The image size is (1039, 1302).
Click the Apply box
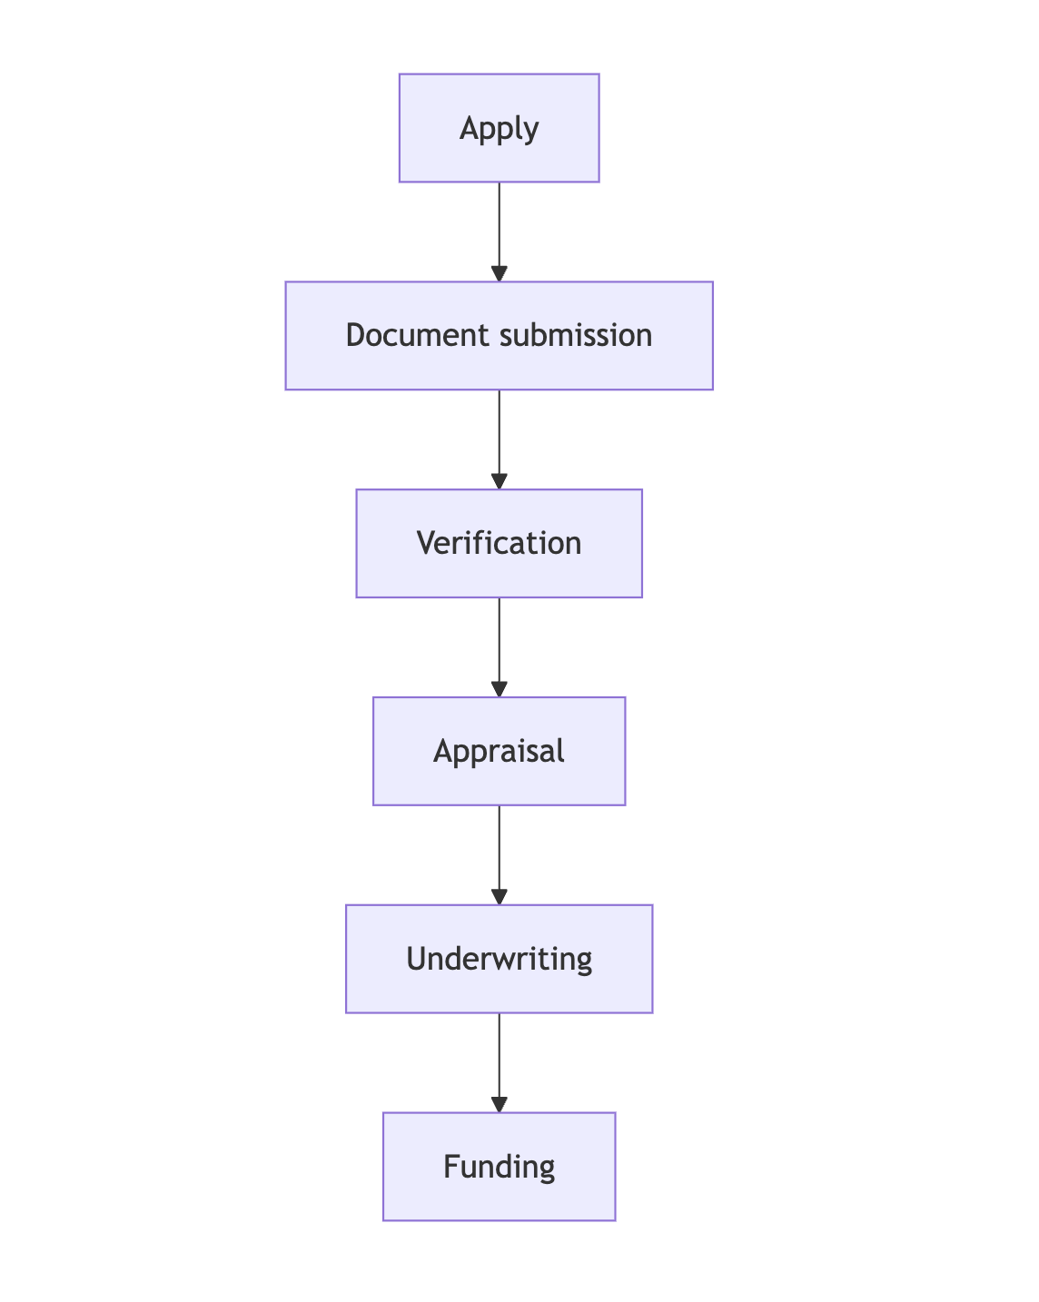click(x=499, y=128)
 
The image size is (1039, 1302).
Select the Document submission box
click(x=499, y=336)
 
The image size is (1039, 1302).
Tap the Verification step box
click(x=499, y=544)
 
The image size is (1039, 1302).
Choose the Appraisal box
click(x=499, y=751)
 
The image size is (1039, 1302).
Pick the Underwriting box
click(x=499, y=959)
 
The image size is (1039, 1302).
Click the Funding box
click(x=499, y=1167)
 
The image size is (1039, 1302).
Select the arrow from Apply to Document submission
click(x=499, y=227)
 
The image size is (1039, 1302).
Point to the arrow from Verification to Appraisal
click(x=499, y=642)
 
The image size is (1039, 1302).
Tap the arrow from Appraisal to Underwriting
click(x=499, y=850)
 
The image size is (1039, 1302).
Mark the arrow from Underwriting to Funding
click(x=499, y=1058)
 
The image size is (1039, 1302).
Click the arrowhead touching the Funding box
click(x=499, y=1104)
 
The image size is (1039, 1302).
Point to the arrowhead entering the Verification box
click(x=499, y=481)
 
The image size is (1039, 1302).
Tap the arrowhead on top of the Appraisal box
click(x=499, y=689)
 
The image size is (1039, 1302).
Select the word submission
click(x=576, y=336)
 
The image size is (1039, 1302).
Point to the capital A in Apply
click(x=469, y=128)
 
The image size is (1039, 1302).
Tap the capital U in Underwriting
click(x=416, y=959)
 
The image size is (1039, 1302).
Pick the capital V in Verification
click(x=426, y=544)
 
